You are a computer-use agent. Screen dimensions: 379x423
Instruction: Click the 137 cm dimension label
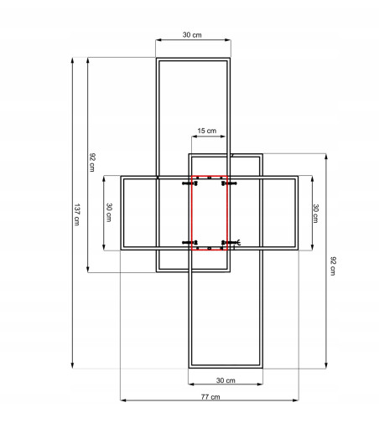(77, 214)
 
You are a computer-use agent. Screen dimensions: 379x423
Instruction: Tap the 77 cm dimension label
(210, 397)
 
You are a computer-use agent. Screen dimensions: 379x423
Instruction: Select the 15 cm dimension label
(207, 131)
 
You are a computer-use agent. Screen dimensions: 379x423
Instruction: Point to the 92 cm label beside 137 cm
(92, 162)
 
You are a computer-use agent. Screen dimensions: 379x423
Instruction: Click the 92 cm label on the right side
(333, 266)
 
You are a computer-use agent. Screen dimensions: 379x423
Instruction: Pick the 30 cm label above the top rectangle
(192, 34)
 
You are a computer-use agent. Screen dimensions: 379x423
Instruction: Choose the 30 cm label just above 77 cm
(226, 380)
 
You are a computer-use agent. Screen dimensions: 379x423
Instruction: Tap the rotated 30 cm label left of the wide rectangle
(109, 212)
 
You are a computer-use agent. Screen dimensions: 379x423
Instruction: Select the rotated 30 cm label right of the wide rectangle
(315, 214)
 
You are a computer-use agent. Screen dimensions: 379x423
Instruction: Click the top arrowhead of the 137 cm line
(72, 59)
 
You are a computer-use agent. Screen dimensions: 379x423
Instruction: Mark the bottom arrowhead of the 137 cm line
(72, 366)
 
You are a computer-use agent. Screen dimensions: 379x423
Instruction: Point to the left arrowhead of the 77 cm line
(123, 400)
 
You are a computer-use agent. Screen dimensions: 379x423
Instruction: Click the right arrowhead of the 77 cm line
(296, 400)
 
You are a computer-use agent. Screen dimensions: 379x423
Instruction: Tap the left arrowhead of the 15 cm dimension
(194, 137)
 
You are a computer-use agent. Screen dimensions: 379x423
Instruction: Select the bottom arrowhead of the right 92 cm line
(326, 366)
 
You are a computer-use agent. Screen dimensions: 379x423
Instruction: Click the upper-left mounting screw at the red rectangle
(190, 183)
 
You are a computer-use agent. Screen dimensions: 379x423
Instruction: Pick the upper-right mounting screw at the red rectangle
(229, 183)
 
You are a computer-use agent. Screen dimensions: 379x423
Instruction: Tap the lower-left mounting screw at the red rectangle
(190, 243)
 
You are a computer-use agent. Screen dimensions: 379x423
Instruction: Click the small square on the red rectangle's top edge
(210, 178)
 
